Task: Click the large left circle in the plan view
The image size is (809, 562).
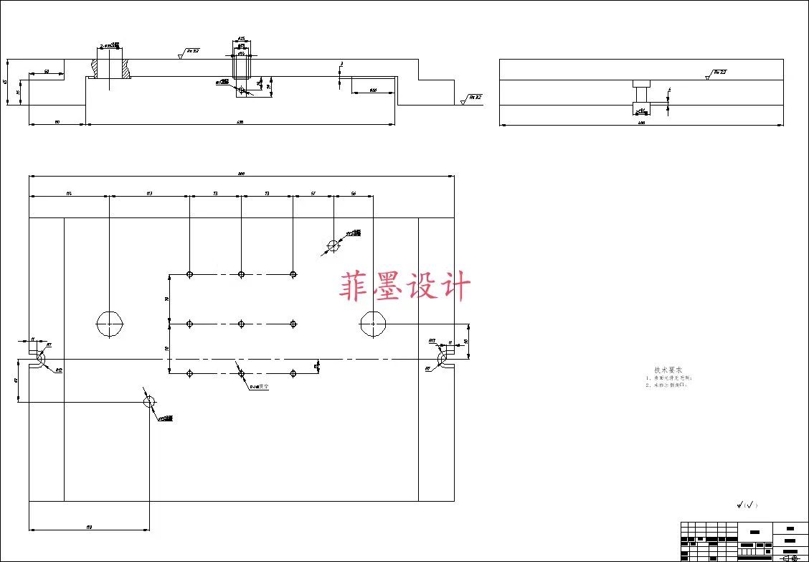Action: click(110, 324)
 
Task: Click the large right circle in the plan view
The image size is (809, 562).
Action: click(373, 324)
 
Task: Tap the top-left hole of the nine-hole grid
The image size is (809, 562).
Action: click(189, 274)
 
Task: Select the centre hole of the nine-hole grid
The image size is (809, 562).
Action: click(241, 324)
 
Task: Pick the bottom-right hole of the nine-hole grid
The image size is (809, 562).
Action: click(293, 373)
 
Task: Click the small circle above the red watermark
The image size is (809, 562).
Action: click(333, 245)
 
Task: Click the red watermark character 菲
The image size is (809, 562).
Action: click(356, 286)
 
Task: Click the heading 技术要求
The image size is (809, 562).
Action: click(668, 370)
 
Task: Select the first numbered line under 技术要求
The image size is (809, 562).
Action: click(668, 378)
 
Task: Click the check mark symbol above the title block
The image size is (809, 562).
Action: click(747, 505)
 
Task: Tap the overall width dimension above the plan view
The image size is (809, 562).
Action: click(241, 173)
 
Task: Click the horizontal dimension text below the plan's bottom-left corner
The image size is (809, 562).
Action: click(89, 527)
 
